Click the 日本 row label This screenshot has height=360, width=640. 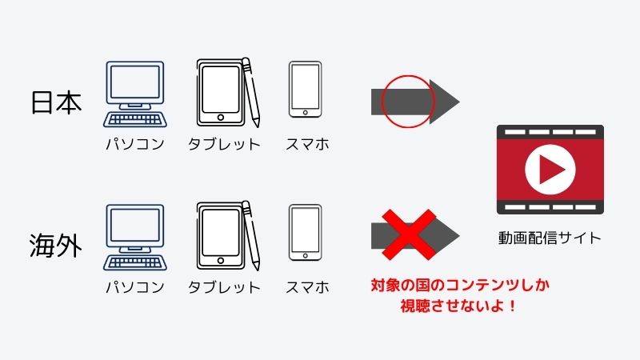click(x=56, y=102)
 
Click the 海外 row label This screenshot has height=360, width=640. click(x=55, y=246)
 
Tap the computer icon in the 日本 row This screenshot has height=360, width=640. click(x=135, y=94)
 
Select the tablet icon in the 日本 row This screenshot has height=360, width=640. click(x=228, y=93)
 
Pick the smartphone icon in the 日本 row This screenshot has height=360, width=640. click(x=305, y=90)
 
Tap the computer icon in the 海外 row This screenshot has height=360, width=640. click(x=135, y=238)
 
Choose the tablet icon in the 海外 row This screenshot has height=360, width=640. click(x=228, y=235)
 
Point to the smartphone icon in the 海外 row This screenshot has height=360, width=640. click(x=305, y=233)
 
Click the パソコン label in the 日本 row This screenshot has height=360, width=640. click(x=135, y=144)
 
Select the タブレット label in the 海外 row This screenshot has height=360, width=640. click(x=224, y=287)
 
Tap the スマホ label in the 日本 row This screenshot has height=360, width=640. click(x=307, y=144)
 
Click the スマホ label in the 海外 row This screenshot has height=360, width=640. click(x=307, y=287)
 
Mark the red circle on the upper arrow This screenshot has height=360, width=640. click(x=382, y=102)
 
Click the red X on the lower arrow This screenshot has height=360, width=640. click(x=409, y=234)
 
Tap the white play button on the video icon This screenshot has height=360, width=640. click(x=550, y=169)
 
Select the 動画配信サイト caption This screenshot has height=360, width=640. click(x=550, y=238)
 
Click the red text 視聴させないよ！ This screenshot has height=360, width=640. click(x=458, y=306)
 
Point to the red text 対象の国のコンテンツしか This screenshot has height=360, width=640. click(x=460, y=285)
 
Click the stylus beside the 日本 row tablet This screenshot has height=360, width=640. click(x=251, y=92)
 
